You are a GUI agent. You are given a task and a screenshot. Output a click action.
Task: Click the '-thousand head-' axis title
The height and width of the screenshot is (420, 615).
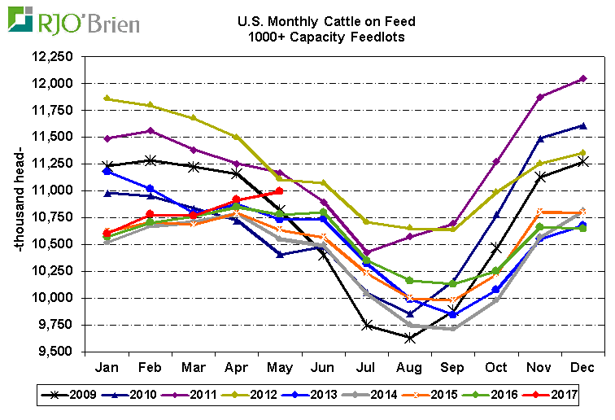tap(23, 204)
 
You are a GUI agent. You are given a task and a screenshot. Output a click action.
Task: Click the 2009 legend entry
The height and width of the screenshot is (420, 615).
tap(74, 396)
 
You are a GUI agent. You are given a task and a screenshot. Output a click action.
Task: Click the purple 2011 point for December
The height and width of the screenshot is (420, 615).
tap(582, 79)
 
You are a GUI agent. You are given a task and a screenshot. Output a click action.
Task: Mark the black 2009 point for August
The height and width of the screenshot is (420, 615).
tap(409, 338)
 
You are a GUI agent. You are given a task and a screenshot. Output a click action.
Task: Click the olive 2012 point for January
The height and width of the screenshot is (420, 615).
tap(107, 98)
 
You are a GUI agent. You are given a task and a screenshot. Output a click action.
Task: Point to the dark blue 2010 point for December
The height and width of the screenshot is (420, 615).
tap(582, 125)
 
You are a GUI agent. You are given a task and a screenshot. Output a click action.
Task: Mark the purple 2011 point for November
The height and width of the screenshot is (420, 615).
tap(539, 98)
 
